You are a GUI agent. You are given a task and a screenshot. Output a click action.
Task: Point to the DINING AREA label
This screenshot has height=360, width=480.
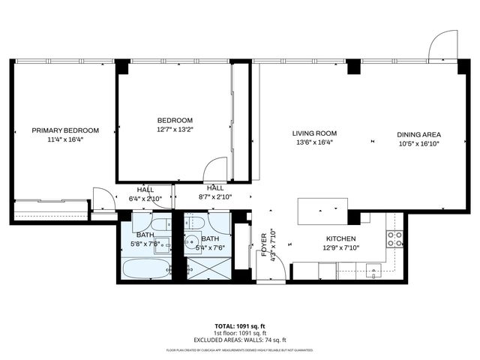pyautogui.click(x=418, y=135)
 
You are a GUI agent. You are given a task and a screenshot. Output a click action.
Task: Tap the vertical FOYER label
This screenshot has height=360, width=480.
pyautogui.click(x=263, y=244)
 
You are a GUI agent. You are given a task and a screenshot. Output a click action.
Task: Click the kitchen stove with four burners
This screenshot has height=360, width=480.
pyautogui.click(x=394, y=239)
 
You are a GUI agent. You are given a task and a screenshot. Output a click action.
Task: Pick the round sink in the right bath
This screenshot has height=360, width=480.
pyautogui.click(x=192, y=242)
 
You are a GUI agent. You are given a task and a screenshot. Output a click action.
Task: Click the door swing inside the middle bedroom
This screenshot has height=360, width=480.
pyautogui.click(x=216, y=169)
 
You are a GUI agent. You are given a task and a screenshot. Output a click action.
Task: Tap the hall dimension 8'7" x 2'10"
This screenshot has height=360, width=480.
pyautogui.click(x=215, y=197)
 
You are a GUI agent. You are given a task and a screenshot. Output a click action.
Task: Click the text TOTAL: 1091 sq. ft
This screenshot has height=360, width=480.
pyautogui.click(x=239, y=326)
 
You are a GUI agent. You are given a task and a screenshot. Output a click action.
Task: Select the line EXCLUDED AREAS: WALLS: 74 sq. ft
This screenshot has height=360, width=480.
pyautogui.click(x=239, y=339)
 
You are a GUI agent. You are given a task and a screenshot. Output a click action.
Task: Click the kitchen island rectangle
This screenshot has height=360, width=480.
pyautogui.click(x=322, y=211)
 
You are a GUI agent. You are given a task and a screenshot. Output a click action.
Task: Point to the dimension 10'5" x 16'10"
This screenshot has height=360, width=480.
pyautogui.click(x=418, y=144)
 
